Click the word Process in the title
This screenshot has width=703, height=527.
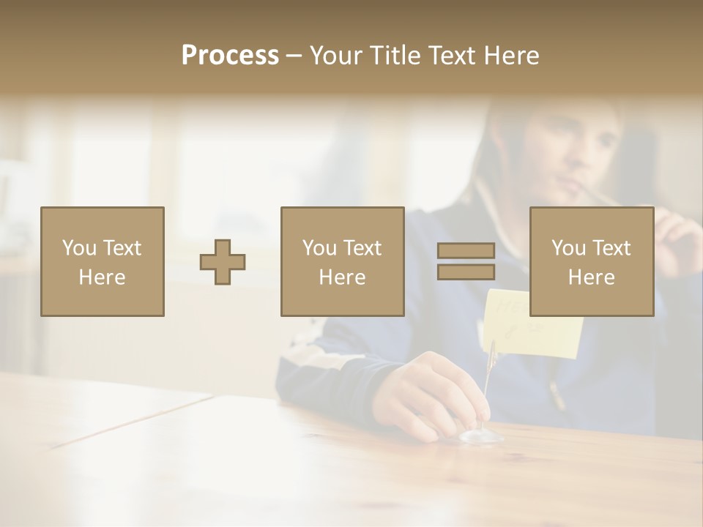[230, 56]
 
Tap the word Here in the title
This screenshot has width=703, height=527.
[512, 56]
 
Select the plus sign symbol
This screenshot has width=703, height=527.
[223, 262]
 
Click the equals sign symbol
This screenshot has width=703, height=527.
[466, 261]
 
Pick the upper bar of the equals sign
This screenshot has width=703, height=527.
[466, 251]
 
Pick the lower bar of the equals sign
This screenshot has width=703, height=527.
[466, 272]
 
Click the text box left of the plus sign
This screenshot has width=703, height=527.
[103, 261]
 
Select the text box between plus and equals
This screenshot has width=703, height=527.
[342, 261]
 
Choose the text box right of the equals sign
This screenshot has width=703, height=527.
[591, 261]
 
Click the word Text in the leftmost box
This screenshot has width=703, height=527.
[122, 248]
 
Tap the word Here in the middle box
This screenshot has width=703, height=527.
[342, 277]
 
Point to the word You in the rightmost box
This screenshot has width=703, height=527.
[568, 248]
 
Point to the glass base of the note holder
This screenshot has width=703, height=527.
[481, 436]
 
